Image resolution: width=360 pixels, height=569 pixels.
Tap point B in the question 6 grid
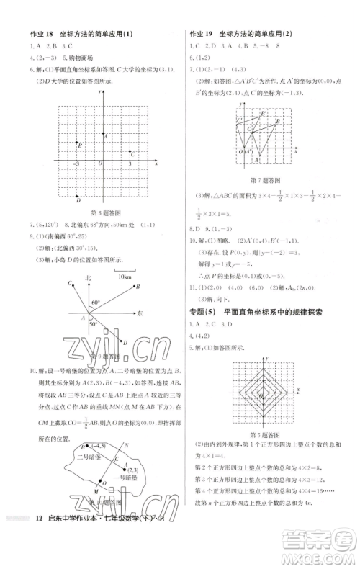click(80, 145)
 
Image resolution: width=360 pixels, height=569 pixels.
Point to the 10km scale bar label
click(125, 276)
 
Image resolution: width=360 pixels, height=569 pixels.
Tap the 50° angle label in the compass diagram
click(93, 324)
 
